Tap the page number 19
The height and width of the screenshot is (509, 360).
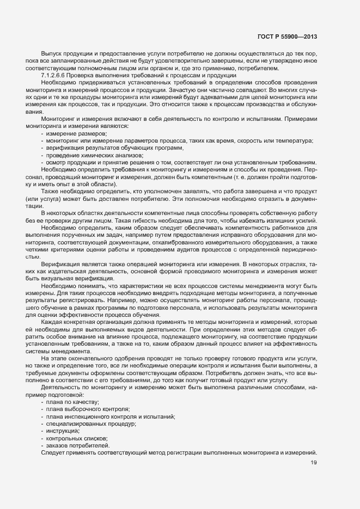coord(313,463)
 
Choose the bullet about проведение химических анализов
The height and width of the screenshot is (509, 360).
coord(90,155)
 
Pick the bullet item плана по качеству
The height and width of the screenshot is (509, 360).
coord(72,401)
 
